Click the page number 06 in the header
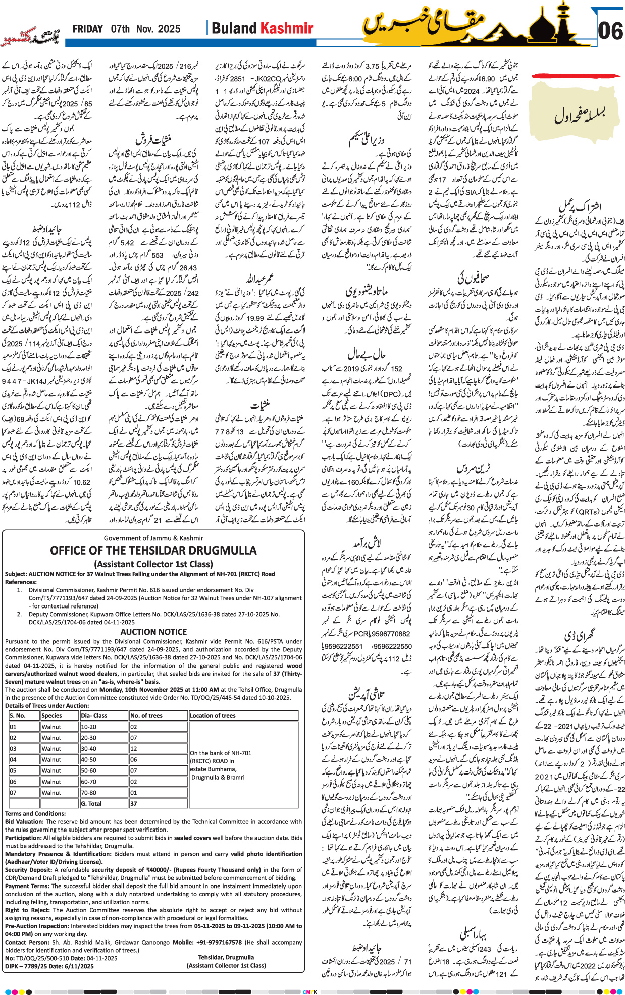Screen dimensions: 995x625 (x=610, y=31)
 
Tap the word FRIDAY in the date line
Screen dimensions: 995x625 (x=87, y=29)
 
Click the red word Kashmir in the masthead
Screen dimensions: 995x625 (x=286, y=29)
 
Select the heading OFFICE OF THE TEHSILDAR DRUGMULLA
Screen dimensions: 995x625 (x=153, y=550)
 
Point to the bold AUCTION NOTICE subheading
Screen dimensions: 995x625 (x=153, y=632)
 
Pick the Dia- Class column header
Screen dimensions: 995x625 (x=94, y=715)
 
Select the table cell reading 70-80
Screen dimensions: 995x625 (x=88, y=793)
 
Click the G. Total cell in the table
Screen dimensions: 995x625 (x=91, y=804)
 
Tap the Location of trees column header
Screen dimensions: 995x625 (x=213, y=715)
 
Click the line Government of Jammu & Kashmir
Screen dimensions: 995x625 (x=153, y=538)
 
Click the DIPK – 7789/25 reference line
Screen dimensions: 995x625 (x=49, y=966)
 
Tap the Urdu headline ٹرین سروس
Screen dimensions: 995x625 (x=473, y=468)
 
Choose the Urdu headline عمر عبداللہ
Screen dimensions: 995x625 (x=259, y=279)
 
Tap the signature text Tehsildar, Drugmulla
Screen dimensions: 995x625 (x=226, y=957)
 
